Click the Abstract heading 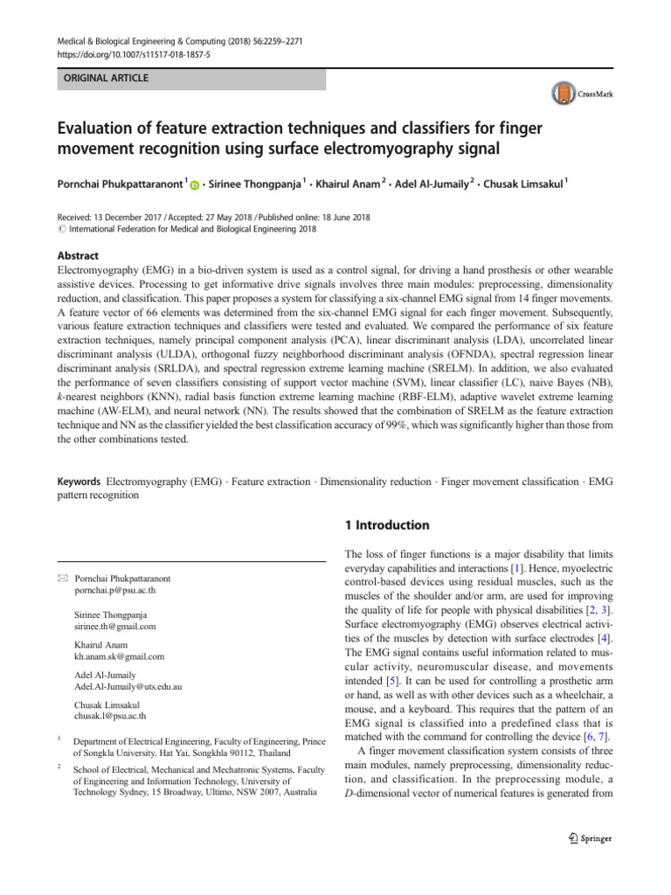point(78,255)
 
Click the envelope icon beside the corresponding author point(61,579)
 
